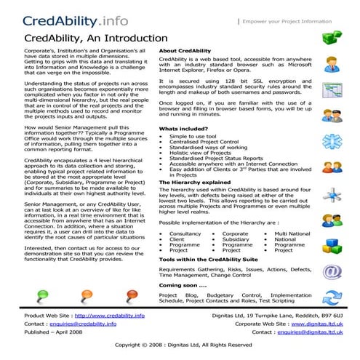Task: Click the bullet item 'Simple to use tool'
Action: click(x=193, y=135)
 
